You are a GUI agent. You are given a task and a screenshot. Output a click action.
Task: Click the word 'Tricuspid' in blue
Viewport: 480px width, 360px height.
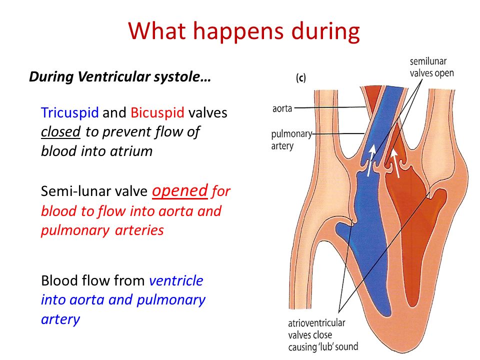click(70, 113)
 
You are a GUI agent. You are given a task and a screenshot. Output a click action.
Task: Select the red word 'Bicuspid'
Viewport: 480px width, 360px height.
click(157, 113)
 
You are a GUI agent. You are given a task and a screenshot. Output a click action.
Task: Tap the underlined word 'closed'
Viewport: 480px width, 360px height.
click(60, 132)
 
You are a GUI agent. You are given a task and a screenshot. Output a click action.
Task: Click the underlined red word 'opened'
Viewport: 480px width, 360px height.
click(180, 190)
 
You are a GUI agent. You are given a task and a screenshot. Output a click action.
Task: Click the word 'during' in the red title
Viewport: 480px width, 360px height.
click(325, 31)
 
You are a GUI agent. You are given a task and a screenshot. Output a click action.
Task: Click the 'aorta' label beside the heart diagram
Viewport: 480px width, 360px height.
click(282, 108)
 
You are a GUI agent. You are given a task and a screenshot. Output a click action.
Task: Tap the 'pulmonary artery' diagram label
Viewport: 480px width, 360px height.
click(291, 139)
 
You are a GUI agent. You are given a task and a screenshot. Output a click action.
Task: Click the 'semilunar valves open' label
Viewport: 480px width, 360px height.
click(431, 67)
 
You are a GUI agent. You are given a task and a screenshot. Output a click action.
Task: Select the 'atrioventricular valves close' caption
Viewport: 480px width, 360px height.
click(316, 329)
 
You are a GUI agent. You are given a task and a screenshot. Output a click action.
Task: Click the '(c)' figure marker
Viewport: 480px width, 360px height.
click(300, 78)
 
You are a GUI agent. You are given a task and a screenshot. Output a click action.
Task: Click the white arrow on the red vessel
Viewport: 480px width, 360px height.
click(396, 163)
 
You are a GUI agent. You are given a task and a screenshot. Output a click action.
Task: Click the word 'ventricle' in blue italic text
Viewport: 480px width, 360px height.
click(176, 280)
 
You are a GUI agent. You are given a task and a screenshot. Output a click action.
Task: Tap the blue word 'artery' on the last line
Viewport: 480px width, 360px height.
click(60, 319)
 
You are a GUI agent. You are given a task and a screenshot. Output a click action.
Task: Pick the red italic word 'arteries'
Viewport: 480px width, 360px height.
click(139, 230)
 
